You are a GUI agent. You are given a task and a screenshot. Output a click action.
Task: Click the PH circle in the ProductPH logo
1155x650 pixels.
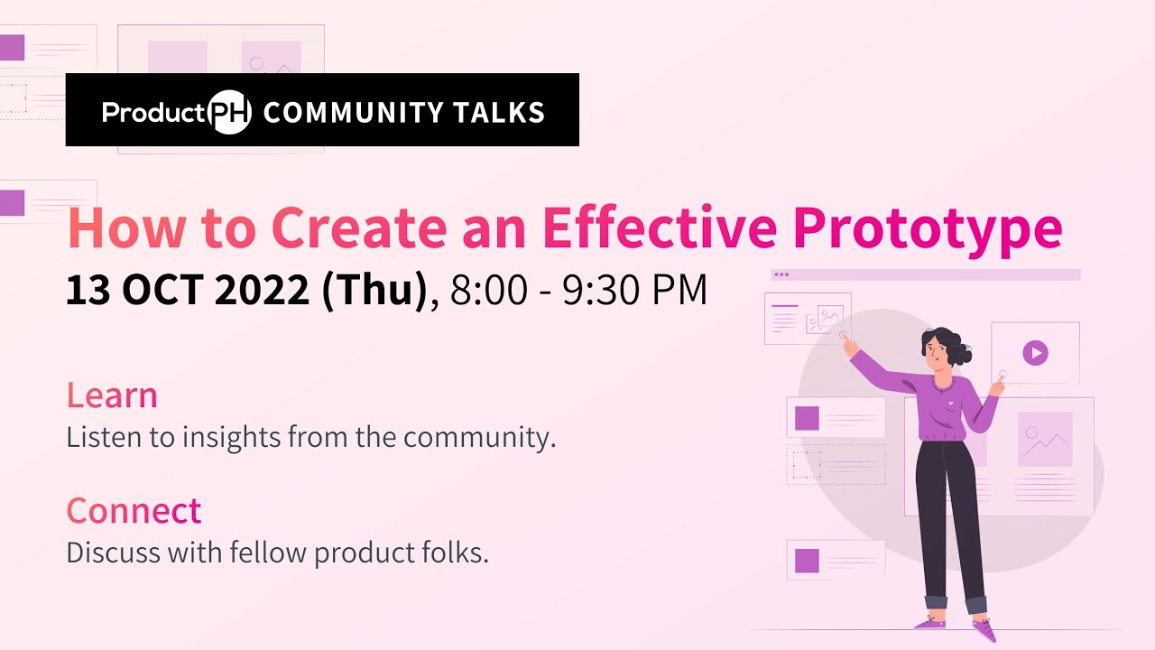tap(229, 112)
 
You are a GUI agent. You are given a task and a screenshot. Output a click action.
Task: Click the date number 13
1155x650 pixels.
tap(88, 292)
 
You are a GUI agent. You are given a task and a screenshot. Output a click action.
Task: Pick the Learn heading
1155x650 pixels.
tap(112, 395)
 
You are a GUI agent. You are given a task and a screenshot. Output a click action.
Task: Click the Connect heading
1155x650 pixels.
tap(134, 511)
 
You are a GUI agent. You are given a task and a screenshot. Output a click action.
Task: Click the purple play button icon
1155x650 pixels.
tap(1035, 352)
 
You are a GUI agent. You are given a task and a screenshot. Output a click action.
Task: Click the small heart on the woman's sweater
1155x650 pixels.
tap(950, 394)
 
